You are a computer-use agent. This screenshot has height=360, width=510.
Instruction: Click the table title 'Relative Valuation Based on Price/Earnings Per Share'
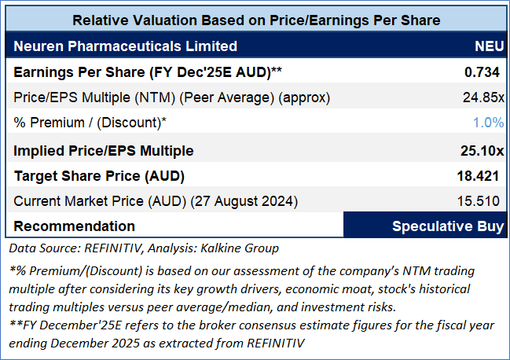tap(255, 19)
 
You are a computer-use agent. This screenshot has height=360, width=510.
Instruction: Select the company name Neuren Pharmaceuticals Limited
tap(126, 46)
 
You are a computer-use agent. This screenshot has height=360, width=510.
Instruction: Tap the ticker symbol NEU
tap(489, 46)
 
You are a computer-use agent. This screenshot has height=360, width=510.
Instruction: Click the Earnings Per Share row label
tap(148, 72)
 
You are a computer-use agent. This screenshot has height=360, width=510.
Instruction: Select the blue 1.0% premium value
tap(488, 123)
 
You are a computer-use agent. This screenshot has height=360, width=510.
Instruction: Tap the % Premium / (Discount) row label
tap(90, 123)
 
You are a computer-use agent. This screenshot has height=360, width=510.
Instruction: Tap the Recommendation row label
tap(75, 226)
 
